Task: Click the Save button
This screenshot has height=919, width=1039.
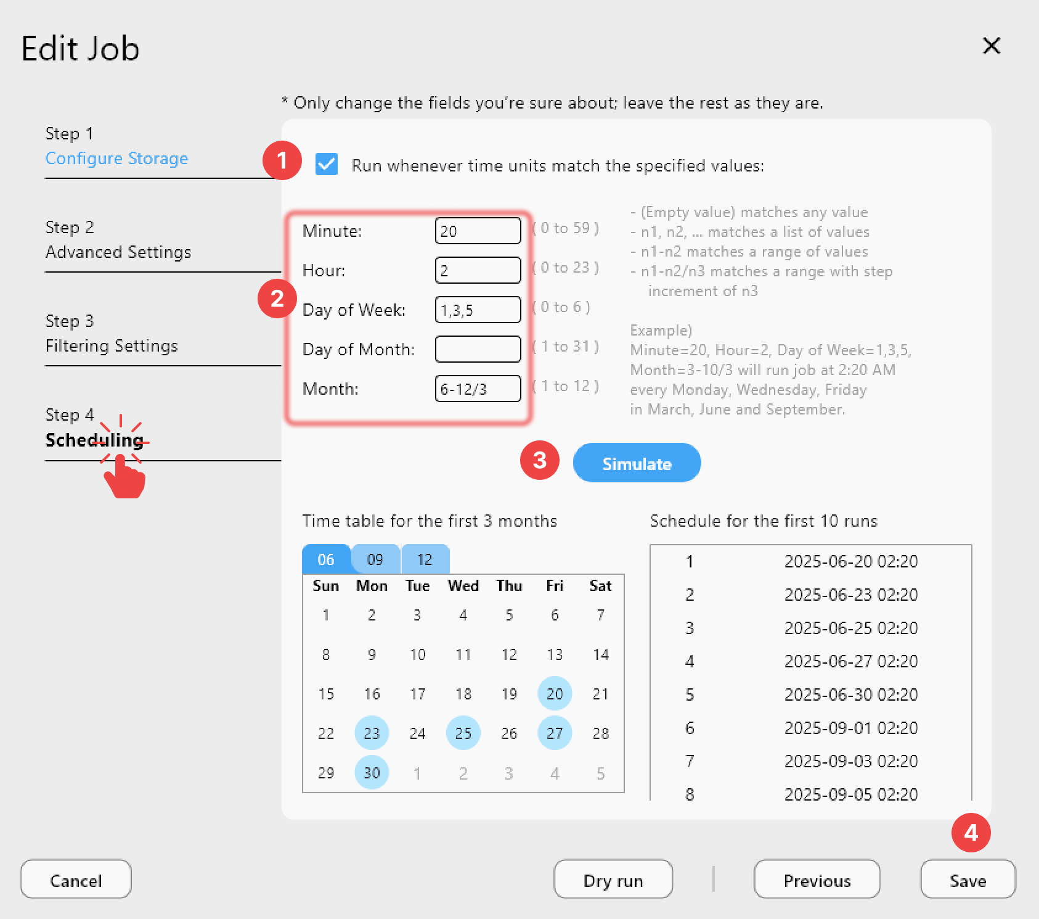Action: click(x=968, y=880)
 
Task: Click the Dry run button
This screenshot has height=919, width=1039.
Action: click(x=613, y=880)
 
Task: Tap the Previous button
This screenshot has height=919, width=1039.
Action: click(x=817, y=880)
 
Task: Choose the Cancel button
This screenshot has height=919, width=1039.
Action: click(x=76, y=880)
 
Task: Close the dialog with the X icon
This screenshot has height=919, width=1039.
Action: click(x=992, y=46)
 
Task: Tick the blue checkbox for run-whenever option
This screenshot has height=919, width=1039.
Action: click(x=327, y=165)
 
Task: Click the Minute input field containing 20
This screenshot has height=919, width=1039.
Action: click(x=478, y=231)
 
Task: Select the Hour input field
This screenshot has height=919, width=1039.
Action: click(x=478, y=271)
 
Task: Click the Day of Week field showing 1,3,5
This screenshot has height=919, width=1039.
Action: click(x=478, y=310)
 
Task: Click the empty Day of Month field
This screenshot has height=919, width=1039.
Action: click(x=478, y=350)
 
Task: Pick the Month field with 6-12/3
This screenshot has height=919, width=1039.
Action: click(x=478, y=389)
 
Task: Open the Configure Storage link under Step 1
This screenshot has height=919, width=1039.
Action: click(x=116, y=159)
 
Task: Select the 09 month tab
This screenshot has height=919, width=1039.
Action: click(x=375, y=559)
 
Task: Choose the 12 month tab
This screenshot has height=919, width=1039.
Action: click(x=425, y=559)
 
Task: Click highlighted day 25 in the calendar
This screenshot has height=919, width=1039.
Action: click(x=463, y=733)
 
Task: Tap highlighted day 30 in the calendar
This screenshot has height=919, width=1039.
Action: click(x=372, y=773)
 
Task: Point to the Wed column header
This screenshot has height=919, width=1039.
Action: click(x=463, y=586)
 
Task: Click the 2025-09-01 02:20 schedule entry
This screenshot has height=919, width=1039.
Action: click(x=850, y=728)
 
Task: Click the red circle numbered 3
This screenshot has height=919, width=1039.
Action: click(x=540, y=460)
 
